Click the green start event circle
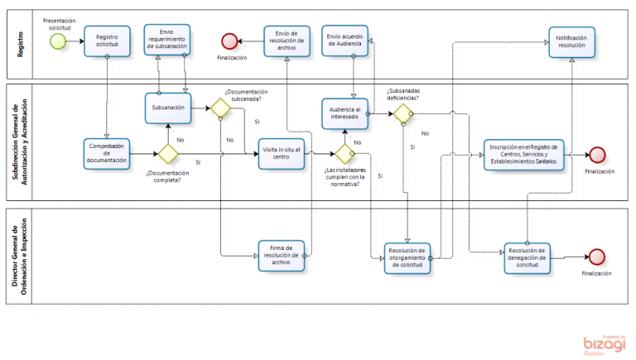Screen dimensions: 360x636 [57, 41]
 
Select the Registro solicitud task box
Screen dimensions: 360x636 [107, 41]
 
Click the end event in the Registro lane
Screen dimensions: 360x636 [230, 41]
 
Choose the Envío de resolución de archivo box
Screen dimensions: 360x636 [287, 41]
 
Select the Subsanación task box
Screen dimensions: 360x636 [168, 108]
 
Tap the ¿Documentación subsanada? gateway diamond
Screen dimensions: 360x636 [219, 108]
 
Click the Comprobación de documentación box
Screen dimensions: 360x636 [107, 153]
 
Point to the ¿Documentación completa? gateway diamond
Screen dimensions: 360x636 [168, 153]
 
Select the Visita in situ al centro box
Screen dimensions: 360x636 [282, 153]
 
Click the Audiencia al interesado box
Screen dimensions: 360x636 [345, 113]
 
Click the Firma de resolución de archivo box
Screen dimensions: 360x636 [282, 256]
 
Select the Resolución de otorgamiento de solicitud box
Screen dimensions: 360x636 [407, 257]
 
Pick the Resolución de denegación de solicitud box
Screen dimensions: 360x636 [528, 257]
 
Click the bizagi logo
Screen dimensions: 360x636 [603, 343]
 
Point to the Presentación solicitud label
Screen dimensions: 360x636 [57, 22]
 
